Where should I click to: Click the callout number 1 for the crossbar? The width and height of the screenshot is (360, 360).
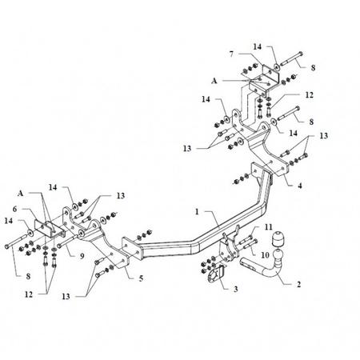point(197,212)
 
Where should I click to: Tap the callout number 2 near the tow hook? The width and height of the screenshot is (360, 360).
point(298,284)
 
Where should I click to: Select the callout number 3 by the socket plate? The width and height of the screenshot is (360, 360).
point(236,289)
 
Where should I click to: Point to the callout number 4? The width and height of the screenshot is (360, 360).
point(300,186)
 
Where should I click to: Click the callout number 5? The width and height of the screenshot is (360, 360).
point(141,278)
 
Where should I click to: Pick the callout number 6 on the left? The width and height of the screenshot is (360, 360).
point(14,210)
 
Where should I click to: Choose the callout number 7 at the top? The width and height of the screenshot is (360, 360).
point(231,54)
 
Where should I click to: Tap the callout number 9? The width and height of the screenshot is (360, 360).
point(82,256)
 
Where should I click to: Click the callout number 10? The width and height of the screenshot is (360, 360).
point(265,255)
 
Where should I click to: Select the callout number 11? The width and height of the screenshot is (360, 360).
point(269,227)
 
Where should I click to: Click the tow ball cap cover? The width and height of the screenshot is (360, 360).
point(278,238)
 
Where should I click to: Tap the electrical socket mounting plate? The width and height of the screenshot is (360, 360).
point(215,274)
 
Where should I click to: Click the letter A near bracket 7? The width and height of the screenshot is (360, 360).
point(214,81)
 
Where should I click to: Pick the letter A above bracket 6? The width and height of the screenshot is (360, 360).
point(21,194)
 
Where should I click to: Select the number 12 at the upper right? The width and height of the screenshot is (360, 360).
point(309,95)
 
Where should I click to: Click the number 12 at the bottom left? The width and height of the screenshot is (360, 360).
point(29,294)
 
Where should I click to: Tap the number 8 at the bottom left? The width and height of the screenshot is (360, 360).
point(28,277)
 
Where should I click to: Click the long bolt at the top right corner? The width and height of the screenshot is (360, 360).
point(291,58)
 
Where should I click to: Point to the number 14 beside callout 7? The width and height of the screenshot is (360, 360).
point(258,46)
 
